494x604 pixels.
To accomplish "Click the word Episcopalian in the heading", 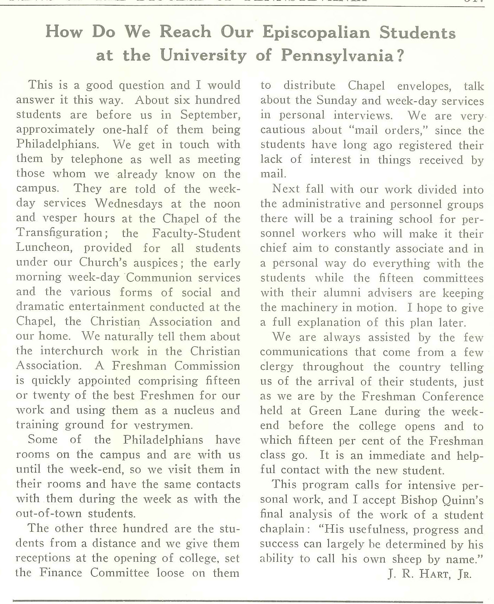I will click(x=316, y=33).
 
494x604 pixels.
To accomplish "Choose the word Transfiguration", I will click(x=59, y=233).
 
